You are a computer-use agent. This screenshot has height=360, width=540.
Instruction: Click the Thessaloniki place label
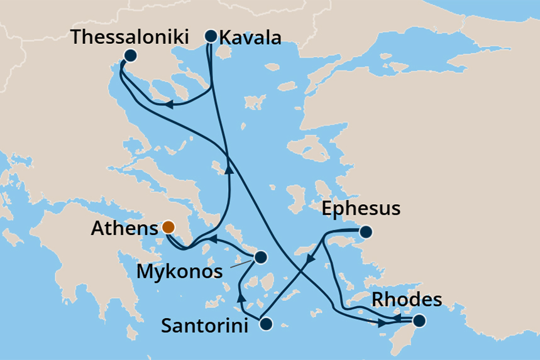click(129, 36)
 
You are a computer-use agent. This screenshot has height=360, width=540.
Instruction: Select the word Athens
click(123, 228)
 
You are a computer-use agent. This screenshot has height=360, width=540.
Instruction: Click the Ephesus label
click(361, 209)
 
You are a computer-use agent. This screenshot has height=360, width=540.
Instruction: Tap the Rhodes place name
click(405, 300)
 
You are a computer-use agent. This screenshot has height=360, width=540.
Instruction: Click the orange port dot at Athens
click(168, 227)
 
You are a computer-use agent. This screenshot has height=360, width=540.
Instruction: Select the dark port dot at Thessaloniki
click(130, 55)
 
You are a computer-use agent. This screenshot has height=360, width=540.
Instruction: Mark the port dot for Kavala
click(211, 36)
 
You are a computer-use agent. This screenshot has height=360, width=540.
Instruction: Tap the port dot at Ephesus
click(365, 232)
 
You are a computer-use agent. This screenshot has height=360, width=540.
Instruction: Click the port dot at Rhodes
click(419, 322)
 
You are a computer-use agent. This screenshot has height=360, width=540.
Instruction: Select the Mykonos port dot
click(260, 257)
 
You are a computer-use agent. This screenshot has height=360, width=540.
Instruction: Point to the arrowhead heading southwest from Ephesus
click(309, 259)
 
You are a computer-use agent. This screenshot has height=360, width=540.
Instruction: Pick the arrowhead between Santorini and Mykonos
click(240, 295)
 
